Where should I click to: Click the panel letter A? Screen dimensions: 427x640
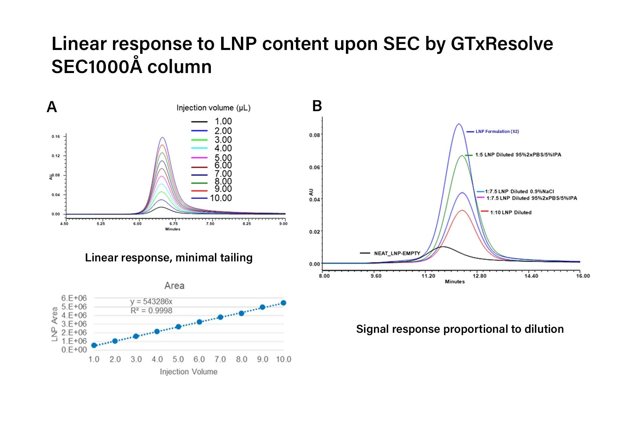[x=52, y=107]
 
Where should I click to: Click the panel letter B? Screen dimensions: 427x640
[x=317, y=106]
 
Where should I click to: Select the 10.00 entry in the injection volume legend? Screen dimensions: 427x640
[x=220, y=198]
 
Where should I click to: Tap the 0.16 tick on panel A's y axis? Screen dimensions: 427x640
[x=56, y=136]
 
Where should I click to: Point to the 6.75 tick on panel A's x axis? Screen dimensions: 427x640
[x=173, y=224]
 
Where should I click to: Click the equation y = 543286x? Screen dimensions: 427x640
[x=151, y=301]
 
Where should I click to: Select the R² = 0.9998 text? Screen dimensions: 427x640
[x=151, y=310]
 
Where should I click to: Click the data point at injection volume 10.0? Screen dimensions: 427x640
[x=283, y=303]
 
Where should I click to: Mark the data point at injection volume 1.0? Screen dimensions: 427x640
[x=94, y=345]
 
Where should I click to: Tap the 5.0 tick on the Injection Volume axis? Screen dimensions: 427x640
[x=178, y=359]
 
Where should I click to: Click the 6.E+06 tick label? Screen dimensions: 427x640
[x=74, y=298]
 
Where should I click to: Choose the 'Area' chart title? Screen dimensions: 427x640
[x=174, y=285]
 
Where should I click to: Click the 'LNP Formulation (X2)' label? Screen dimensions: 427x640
[x=497, y=131]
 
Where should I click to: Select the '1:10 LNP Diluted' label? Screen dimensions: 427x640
[x=510, y=212]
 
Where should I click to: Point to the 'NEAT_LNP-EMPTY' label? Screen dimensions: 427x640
[x=397, y=253]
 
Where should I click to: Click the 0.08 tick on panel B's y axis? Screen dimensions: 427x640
[x=314, y=135]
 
